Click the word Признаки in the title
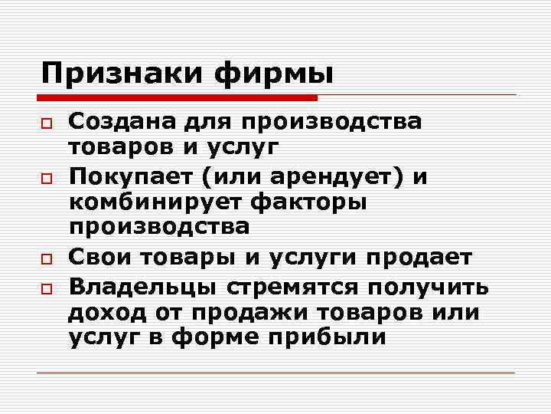(119, 74)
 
